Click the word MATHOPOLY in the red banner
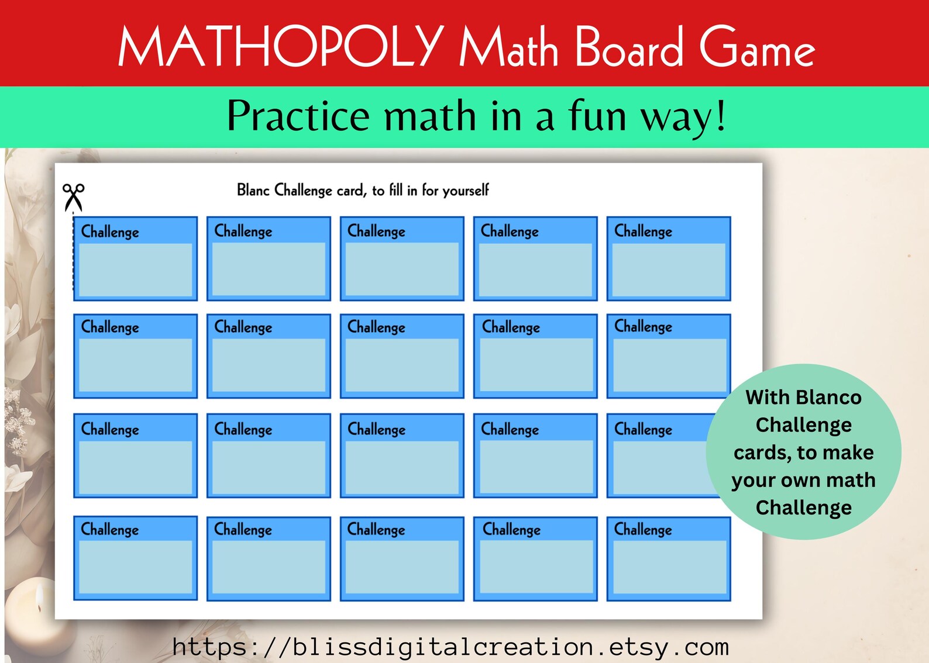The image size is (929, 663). [281, 47]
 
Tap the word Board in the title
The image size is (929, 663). [629, 47]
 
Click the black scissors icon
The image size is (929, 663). [74, 196]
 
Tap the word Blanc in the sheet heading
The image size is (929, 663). [253, 190]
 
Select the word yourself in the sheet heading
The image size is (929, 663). [465, 191]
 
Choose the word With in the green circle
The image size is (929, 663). [768, 398]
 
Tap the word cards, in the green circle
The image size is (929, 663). [763, 453]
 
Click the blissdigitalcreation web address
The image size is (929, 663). [450, 647]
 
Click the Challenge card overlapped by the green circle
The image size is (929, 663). [661, 456]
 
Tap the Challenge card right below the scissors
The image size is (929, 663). [135, 258]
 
